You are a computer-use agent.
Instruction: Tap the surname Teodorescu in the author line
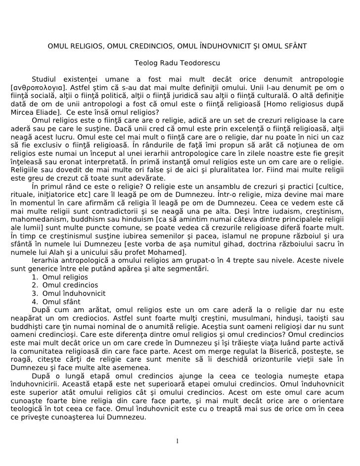click(x=200, y=64)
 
